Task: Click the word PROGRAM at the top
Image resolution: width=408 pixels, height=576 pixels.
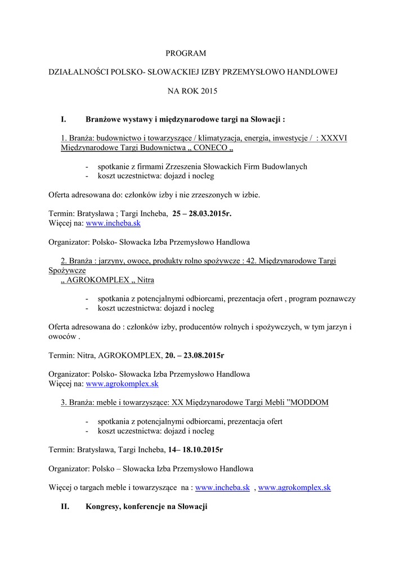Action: [186, 53]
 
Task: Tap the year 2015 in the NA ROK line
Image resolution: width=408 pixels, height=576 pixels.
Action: [208, 91]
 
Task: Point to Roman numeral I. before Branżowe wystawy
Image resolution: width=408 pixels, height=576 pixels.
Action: [64, 119]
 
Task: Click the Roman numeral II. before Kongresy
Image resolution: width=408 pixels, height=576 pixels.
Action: [65, 506]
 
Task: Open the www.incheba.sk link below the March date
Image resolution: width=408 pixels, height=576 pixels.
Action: [113, 223]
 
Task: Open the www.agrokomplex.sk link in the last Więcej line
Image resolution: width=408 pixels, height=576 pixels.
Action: [294, 488]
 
